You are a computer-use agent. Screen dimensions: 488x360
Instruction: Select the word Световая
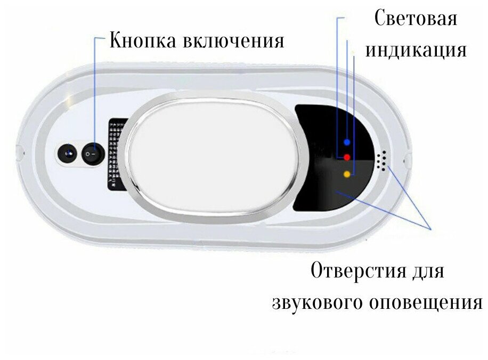coord(416,19)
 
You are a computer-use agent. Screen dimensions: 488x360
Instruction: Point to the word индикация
coord(416,50)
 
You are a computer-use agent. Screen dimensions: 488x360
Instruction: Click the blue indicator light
coord(347,142)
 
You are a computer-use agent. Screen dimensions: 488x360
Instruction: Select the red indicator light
coord(347,157)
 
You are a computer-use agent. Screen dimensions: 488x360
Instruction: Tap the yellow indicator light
coord(347,174)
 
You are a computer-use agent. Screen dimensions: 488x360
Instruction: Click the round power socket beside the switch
coord(68,154)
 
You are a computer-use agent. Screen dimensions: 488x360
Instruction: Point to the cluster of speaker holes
coord(381,160)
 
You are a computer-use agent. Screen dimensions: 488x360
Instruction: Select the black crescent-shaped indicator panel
coord(325,186)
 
